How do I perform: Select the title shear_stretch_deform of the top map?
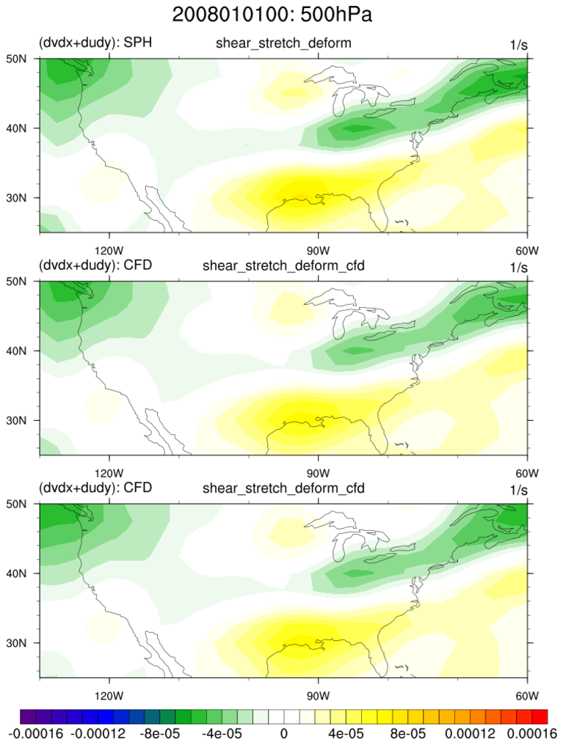pyautogui.click(x=283, y=43)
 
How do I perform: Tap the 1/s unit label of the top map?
pyautogui.click(x=518, y=45)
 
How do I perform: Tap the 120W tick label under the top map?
pyautogui.click(x=109, y=248)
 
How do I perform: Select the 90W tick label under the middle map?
pyautogui.click(x=317, y=471)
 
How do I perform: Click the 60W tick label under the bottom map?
pyautogui.click(x=527, y=694)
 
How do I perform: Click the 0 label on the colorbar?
pyautogui.click(x=283, y=732)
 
